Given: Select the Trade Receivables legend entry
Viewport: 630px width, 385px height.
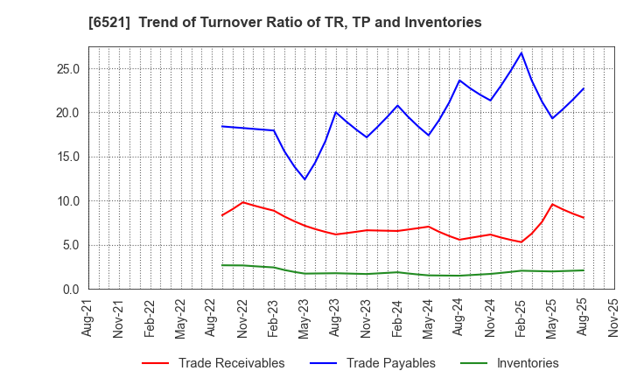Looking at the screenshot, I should (x=231, y=363).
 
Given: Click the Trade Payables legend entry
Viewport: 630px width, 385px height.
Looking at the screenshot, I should (x=390, y=363).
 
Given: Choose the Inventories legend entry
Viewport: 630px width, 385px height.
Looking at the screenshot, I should (x=527, y=363).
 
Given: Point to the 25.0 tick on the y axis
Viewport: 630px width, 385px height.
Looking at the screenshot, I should (x=67, y=69).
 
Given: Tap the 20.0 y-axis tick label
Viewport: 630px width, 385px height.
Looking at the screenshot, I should (x=67, y=113).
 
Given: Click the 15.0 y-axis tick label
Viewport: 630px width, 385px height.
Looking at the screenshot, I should (x=67, y=157).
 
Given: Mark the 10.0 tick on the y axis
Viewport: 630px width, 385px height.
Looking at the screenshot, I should (x=67, y=201).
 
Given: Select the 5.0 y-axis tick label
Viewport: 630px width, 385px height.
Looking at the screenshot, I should (x=71, y=245).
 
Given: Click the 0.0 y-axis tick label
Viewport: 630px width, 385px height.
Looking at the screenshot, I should (x=71, y=290).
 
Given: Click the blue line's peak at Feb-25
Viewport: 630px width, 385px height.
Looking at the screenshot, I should (x=521, y=52).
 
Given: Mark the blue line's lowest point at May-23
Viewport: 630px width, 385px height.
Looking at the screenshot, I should (x=304, y=179).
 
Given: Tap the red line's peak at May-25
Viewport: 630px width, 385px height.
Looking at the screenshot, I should (x=552, y=204).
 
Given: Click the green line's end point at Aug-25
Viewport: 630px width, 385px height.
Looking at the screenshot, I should (x=584, y=270).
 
